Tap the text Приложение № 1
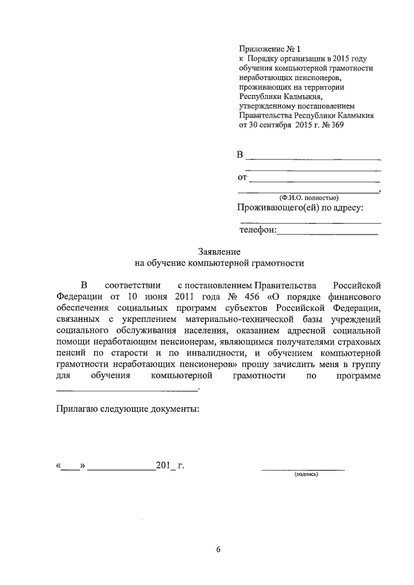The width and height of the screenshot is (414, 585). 270,48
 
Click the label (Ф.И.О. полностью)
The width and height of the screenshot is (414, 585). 306,198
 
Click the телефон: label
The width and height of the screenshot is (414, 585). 258,229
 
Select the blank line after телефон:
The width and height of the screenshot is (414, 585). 328,232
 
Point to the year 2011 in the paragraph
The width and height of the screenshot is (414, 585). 156,296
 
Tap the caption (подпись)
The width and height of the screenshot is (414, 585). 306,474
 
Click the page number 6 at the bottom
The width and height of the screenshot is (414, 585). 219,550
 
